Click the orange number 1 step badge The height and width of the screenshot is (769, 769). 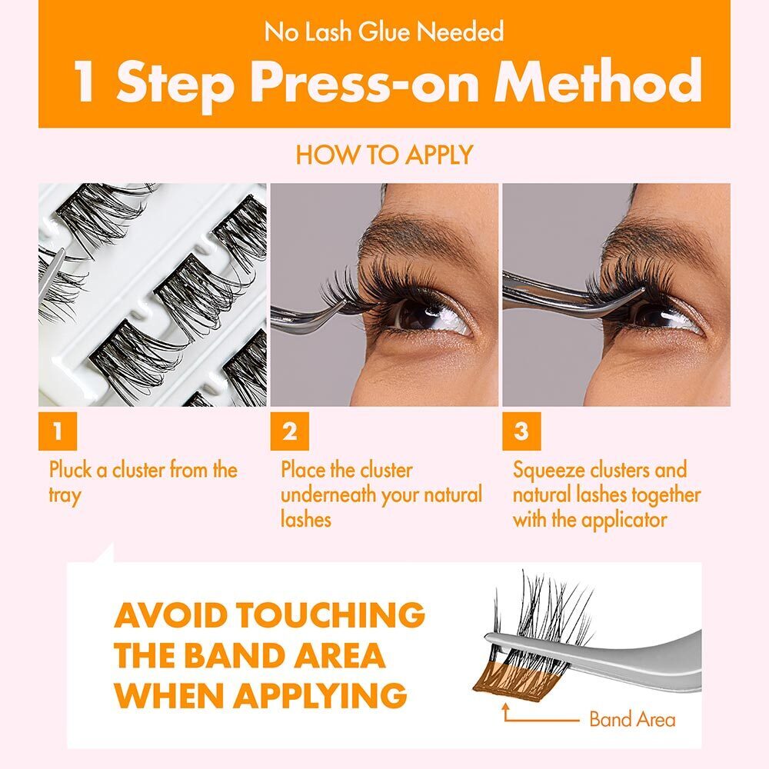point(57,431)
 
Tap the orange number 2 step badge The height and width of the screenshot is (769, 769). point(289,431)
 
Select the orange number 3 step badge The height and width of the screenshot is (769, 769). point(521,431)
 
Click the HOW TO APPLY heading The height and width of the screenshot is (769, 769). point(384,155)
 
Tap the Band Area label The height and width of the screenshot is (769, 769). point(631,720)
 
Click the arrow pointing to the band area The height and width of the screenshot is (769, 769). point(538,717)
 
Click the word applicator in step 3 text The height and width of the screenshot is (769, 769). point(624,519)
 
